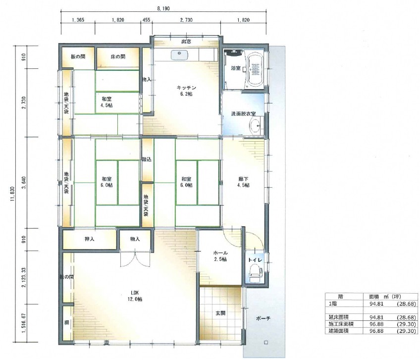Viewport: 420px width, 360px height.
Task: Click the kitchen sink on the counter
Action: click(179, 55)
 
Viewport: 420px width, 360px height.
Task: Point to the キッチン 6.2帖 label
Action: click(186, 91)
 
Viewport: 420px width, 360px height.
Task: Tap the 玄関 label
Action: click(220, 312)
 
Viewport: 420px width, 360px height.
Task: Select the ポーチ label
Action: click(263, 318)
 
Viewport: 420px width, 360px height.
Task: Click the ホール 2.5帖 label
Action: click(220, 256)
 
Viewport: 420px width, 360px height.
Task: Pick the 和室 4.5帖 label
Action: click(106, 102)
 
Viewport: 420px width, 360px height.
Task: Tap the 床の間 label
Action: click(118, 56)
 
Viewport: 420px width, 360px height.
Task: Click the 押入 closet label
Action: click(89, 239)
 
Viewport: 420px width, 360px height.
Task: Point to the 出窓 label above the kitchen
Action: click(186, 41)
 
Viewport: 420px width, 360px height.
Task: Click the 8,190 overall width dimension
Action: click(163, 8)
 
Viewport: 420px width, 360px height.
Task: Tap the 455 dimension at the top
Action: click(146, 20)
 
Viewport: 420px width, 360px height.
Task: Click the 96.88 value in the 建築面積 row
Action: click(376, 331)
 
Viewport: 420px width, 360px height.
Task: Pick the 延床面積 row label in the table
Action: click(339, 317)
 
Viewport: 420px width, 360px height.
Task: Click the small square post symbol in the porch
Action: click(266, 342)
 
